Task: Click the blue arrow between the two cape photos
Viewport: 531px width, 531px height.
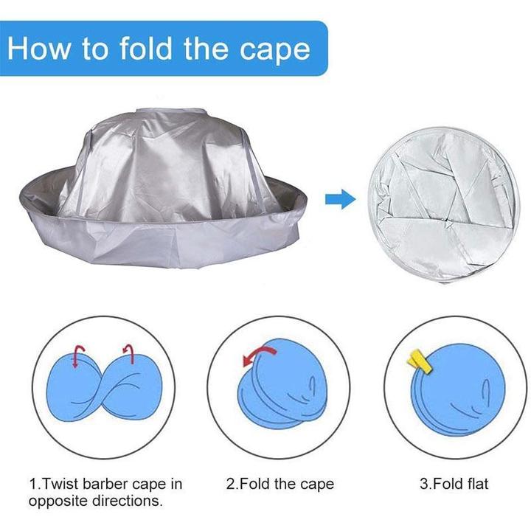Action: tap(340, 199)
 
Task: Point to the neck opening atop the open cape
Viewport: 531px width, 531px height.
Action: tap(170, 112)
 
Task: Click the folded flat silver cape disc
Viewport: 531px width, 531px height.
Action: tap(443, 205)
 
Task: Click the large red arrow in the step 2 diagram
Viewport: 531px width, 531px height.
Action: tap(258, 354)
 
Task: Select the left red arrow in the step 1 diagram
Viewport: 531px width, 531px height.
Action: tap(79, 356)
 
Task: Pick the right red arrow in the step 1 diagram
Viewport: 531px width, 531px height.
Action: tap(128, 353)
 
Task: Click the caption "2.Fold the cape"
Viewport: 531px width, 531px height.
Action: tap(280, 484)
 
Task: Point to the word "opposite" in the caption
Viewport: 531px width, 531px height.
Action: tap(58, 501)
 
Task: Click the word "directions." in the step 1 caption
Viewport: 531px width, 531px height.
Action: tap(128, 500)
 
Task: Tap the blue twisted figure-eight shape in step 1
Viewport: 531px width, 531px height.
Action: tap(104, 387)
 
